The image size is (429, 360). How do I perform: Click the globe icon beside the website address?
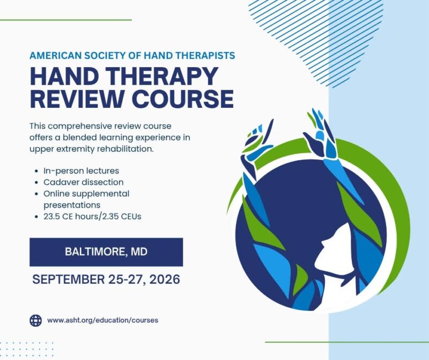point(35,320)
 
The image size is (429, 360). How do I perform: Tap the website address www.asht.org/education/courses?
point(102,320)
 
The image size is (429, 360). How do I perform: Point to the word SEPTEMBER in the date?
point(69,280)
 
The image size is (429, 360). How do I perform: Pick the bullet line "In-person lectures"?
point(82,171)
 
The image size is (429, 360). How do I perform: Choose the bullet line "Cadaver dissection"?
point(84,182)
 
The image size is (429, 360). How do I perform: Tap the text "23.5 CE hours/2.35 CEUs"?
point(92,217)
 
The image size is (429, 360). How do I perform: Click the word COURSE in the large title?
point(183,98)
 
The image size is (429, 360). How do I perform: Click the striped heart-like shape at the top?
point(317,35)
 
